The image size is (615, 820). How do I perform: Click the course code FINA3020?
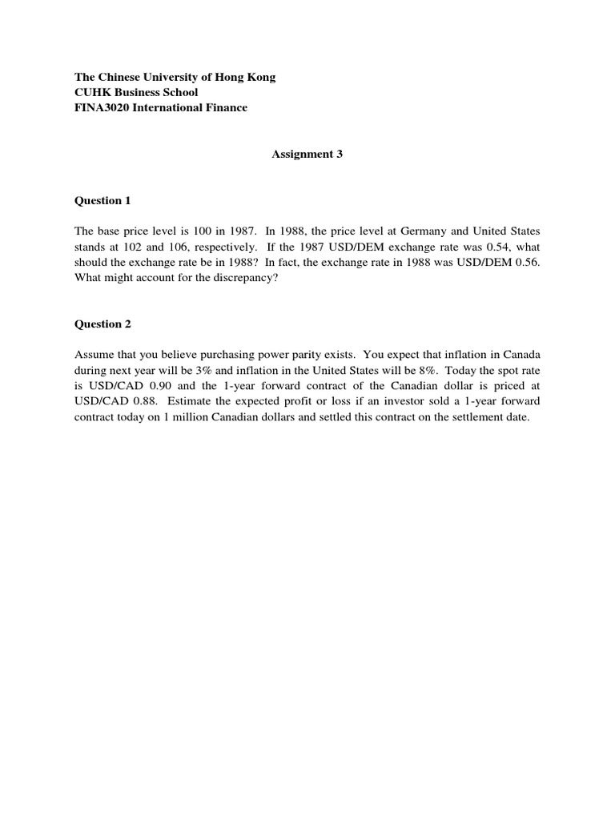point(103,108)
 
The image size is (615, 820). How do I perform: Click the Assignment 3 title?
point(307,155)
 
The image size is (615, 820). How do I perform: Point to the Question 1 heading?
point(102,200)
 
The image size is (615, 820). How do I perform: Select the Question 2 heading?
point(102,324)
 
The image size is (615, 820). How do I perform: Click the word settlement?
point(477,417)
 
